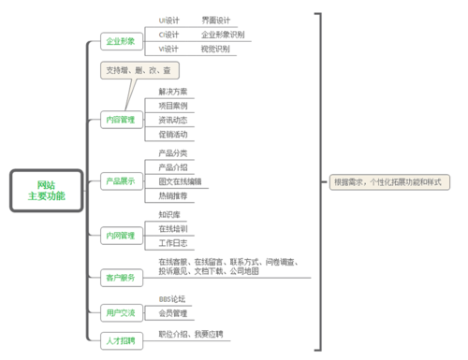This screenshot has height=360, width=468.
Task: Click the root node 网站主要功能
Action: [x=45, y=190]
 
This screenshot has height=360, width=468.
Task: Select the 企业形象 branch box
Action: [x=121, y=42]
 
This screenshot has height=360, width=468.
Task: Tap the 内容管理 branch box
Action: [x=121, y=120]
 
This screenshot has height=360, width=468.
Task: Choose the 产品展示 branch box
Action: [x=121, y=180]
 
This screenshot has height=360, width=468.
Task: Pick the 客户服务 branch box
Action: [x=121, y=278]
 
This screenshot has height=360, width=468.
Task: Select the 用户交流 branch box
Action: [x=121, y=312]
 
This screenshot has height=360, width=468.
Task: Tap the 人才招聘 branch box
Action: [x=121, y=340]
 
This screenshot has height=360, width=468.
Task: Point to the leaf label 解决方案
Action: [x=173, y=92]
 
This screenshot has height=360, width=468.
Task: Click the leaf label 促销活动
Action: [x=173, y=134]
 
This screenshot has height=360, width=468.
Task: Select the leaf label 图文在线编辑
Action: [x=181, y=180]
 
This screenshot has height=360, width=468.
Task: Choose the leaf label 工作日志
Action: [x=173, y=242]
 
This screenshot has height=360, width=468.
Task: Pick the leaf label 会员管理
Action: [x=173, y=312]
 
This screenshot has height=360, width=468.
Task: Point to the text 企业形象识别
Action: [x=223, y=34]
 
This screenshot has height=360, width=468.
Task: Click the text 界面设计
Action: [x=214, y=19]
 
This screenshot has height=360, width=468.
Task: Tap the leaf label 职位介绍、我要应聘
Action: [x=191, y=334]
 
